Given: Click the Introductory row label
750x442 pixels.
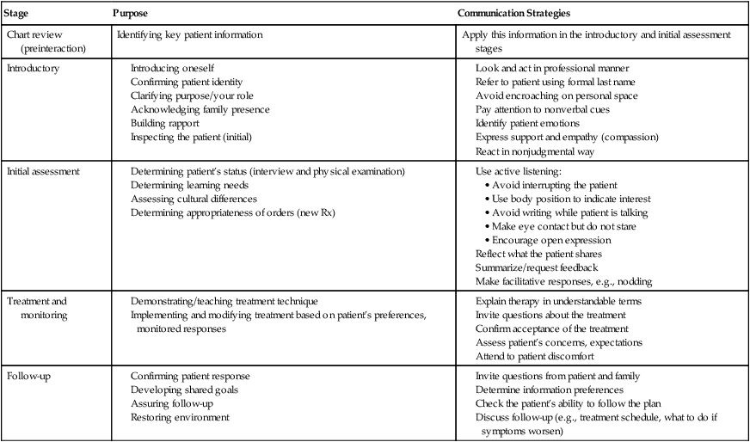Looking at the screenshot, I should (33, 68).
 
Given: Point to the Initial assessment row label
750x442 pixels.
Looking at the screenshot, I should (43, 171).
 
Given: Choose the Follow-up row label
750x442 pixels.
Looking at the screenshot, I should (29, 376).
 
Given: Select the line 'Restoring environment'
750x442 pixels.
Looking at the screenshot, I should (180, 417).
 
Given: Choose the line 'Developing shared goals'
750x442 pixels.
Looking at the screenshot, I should (184, 390).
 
